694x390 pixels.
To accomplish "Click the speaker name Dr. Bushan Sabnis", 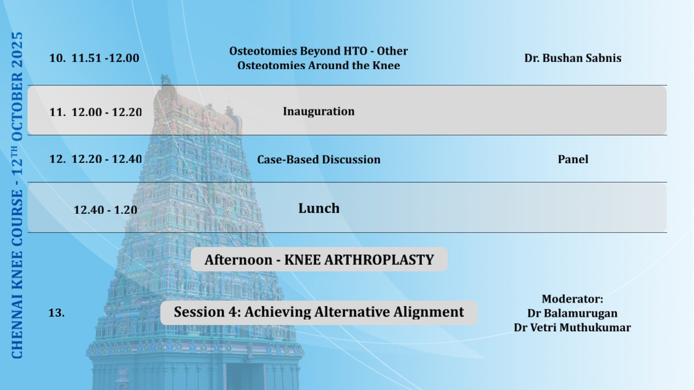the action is (x=573, y=58).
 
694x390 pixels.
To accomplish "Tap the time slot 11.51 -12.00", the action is (x=105, y=58).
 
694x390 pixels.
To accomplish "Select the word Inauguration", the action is (x=319, y=111).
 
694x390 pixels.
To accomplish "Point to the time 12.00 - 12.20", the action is (x=107, y=112).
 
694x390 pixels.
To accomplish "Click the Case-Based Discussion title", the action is (x=319, y=159).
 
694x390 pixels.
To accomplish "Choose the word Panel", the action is (x=573, y=159).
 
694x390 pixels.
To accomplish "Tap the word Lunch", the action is (x=319, y=208).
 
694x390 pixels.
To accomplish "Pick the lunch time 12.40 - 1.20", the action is (x=105, y=210).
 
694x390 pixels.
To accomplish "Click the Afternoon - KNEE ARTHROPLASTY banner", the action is (x=319, y=259).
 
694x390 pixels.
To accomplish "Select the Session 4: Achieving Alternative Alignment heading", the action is (x=319, y=312).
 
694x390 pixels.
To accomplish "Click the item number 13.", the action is (x=56, y=313).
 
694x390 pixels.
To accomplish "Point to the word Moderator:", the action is (x=573, y=299).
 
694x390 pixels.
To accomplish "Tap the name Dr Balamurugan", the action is (x=572, y=313).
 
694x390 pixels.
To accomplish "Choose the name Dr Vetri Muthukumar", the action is (x=572, y=327).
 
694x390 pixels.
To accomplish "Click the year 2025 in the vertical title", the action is (x=17, y=50).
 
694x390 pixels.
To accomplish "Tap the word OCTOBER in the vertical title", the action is (x=17, y=106).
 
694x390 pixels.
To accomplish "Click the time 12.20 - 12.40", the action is (x=107, y=159).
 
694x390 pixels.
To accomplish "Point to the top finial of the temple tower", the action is (x=165, y=79).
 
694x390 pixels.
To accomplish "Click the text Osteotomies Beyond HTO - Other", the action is (x=319, y=51).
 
